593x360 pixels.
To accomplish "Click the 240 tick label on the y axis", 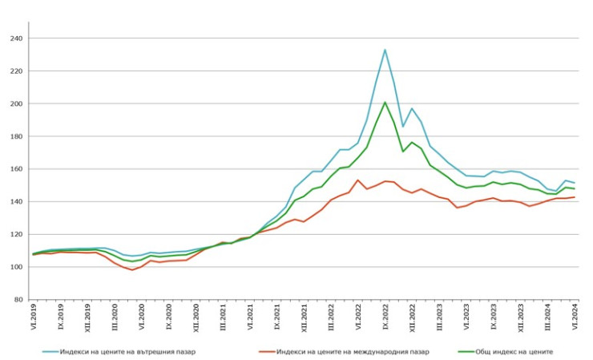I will click(17, 38).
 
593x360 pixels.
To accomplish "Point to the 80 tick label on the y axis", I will click(18, 300).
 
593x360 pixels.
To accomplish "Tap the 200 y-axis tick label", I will click(17, 104).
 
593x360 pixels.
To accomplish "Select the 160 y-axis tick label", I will click(17, 169).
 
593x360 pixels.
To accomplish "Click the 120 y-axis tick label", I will click(17, 235).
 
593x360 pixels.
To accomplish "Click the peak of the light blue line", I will click(385, 50).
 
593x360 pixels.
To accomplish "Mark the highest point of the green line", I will click(385, 102).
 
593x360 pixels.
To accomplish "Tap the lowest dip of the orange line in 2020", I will click(132, 269).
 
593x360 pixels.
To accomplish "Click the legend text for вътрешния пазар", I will click(128, 351).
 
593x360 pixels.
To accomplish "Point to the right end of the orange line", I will click(574, 197).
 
